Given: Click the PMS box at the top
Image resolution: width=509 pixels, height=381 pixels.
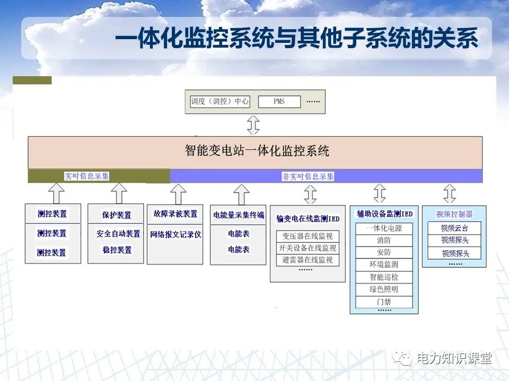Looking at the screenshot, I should pos(279,101).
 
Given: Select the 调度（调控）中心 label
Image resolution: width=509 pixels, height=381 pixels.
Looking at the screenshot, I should pos(220,101).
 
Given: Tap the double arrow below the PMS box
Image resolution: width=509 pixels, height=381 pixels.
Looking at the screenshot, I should pos(254,125).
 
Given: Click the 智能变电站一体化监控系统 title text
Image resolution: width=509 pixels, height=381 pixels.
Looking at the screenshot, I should pos(257,151).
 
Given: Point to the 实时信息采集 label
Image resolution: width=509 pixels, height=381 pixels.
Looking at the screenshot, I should pos(87,176).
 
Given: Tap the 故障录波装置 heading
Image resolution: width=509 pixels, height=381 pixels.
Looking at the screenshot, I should pos(175,214).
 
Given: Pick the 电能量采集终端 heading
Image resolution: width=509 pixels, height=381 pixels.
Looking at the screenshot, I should pos(239,215).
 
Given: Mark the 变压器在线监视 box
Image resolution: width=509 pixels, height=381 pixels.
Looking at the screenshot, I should pos(307,237).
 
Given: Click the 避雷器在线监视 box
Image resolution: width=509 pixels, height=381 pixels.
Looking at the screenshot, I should pos(307,260).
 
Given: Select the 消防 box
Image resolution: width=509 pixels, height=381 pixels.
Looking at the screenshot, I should pos(384,241).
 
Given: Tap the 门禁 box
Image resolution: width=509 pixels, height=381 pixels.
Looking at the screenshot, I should pos(384,302).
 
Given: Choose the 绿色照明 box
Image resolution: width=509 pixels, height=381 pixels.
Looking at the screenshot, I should pos(384,289).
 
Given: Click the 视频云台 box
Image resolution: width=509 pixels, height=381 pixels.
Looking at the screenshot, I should pos(455,229).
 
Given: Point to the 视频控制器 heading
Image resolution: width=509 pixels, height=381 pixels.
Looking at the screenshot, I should pos(454,214).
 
